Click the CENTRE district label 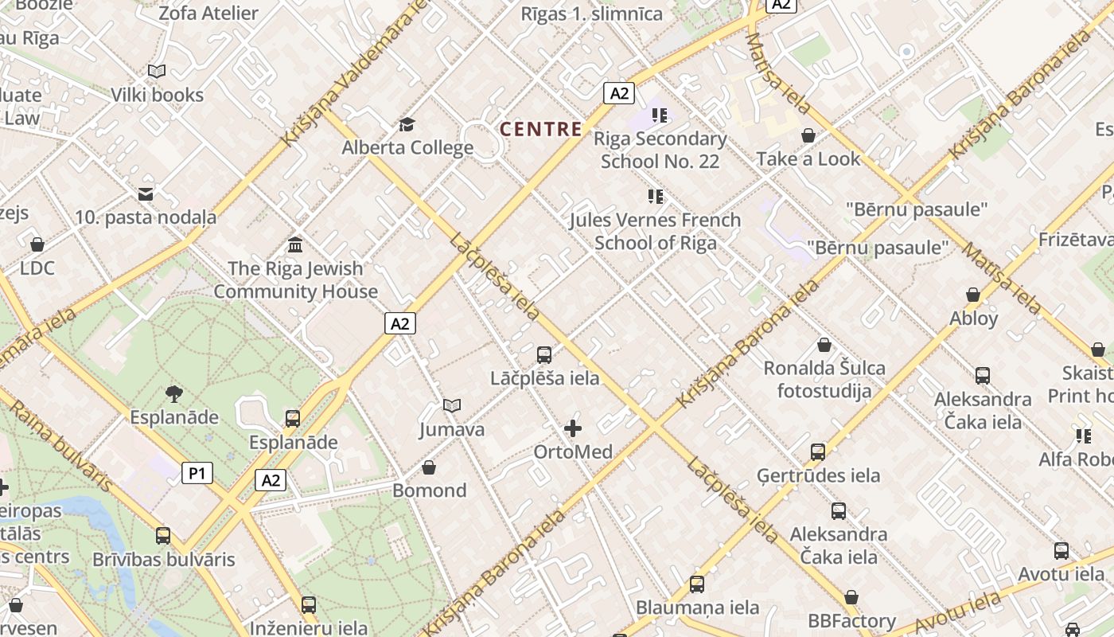point(540,129)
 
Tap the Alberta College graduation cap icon point(407,124)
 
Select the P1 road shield point(197,474)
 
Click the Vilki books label point(157,95)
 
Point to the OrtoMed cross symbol point(572,429)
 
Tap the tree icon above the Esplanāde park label point(173,393)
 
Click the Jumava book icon point(452,406)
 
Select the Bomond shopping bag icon point(429,467)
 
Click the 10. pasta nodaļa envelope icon point(146,193)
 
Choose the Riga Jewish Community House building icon point(295,244)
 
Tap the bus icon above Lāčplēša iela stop point(544,355)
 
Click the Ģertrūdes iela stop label point(818,475)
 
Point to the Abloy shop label point(973,318)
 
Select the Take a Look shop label point(808,158)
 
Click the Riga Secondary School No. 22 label point(660,150)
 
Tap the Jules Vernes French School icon point(655,196)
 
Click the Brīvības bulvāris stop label point(164,559)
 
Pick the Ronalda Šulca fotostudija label point(824,379)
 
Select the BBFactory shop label point(851,620)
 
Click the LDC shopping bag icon point(37,244)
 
